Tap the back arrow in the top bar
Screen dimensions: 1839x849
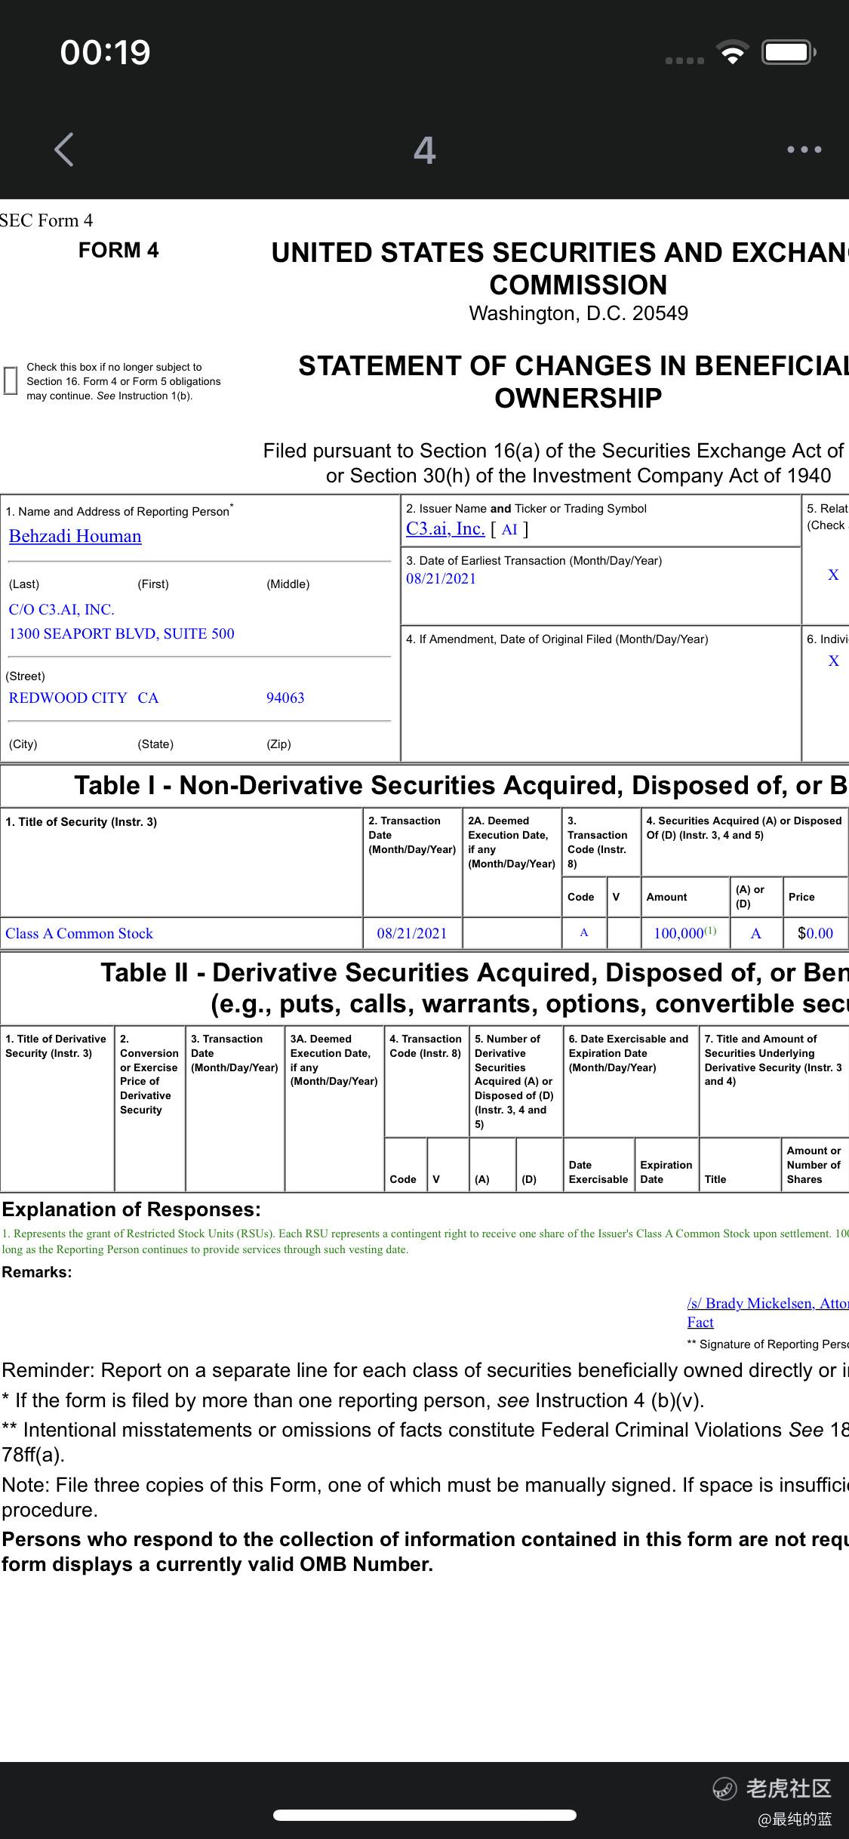[x=65, y=149]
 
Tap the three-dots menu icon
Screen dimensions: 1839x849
[x=804, y=149]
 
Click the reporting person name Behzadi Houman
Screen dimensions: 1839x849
[x=75, y=536]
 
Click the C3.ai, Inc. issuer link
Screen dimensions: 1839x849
[x=445, y=528]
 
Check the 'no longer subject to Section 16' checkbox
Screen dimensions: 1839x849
[x=11, y=380]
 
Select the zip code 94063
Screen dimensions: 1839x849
[x=285, y=698]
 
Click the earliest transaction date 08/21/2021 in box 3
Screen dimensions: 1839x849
[x=441, y=579]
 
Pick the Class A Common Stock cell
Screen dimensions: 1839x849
[x=79, y=933]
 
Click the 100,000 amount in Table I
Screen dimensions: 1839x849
[x=678, y=933]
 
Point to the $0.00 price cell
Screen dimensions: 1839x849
[x=815, y=933]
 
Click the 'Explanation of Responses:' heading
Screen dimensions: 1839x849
[x=131, y=1209]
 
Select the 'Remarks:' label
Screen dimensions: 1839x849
[x=37, y=1272]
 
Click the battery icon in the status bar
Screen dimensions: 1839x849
[x=788, y=52]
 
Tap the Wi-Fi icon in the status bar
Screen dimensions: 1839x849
[x=732, y=52]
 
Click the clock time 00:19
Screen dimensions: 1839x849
[x=106, y=52]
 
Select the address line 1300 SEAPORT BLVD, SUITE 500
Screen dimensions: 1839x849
[x=122, y=633]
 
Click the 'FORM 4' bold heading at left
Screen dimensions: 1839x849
[x=118, y=250]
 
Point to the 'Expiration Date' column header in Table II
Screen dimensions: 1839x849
[x=666, y=1172]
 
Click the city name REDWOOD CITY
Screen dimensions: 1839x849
[x=68, y=698]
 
